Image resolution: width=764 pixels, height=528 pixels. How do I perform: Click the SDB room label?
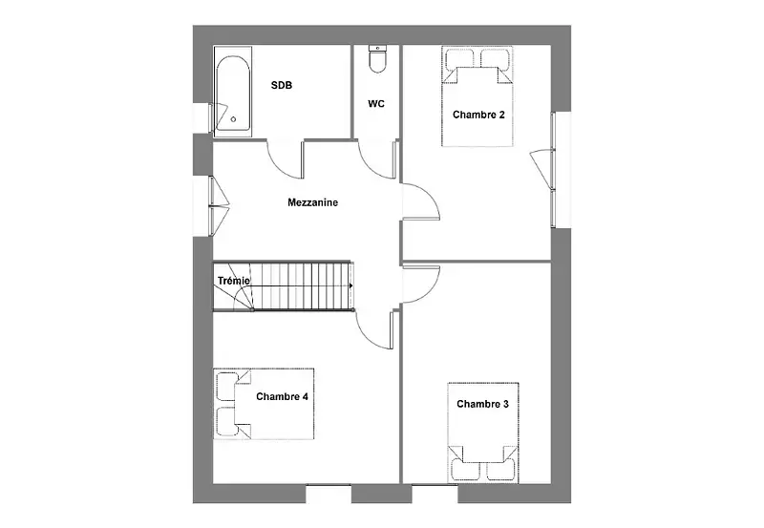coord(282,85)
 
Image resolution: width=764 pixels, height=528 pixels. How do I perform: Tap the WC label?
coord(376,104)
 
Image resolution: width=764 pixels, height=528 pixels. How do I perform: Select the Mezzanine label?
coord(313,202)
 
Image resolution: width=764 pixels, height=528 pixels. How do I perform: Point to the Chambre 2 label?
coord(478,115)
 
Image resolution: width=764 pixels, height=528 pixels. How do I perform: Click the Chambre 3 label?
coord(482,404)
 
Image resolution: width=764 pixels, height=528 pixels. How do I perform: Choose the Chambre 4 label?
coord(282,397)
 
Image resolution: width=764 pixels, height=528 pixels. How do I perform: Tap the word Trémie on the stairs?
coord(234,281)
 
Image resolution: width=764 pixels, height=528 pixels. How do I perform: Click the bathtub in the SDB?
coord(233,92)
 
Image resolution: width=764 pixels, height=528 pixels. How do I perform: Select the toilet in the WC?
coord(377,59)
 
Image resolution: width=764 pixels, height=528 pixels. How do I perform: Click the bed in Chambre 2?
coord(477,96)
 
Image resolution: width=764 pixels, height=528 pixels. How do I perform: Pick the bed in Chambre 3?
coord(483,433)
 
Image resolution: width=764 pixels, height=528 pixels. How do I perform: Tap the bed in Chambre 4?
coord(264,404)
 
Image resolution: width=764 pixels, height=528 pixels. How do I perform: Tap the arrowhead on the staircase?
coord(351,285)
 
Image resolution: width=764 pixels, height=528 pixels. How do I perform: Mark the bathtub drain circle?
coord(233,119)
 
